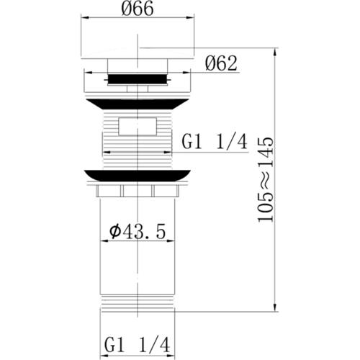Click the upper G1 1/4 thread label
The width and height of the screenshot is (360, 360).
tap(214, 143)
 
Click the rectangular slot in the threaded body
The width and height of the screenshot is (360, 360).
tap(139, 129)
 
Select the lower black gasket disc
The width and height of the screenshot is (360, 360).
tap(137, 175)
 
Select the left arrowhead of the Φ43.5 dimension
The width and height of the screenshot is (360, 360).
tap(100, 241)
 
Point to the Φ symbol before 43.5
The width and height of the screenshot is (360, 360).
tap(114, 231)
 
